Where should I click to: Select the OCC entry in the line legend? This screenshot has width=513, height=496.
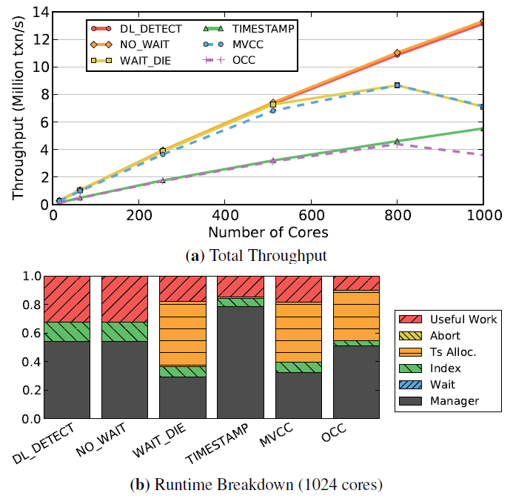tap(244, 59)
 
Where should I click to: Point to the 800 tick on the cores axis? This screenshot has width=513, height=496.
tap(397, 214)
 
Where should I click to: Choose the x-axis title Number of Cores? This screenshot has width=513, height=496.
tap(267, 232)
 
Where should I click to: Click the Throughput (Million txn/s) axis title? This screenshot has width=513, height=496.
tap(18, 108)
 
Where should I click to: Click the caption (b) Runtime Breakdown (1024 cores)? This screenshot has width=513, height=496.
tap(256, 486)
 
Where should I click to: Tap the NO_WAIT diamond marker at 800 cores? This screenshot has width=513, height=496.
tap(397, 53)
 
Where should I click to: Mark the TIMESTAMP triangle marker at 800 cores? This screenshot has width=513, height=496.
tap(397, 141)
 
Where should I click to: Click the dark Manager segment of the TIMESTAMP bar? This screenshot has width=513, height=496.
tap(241, 363)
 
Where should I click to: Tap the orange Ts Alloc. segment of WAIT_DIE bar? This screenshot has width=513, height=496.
tap(183, 334)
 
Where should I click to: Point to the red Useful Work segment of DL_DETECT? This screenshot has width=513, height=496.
tap(67, 298)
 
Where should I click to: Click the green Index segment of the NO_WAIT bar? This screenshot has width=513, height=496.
tap(124, 331)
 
